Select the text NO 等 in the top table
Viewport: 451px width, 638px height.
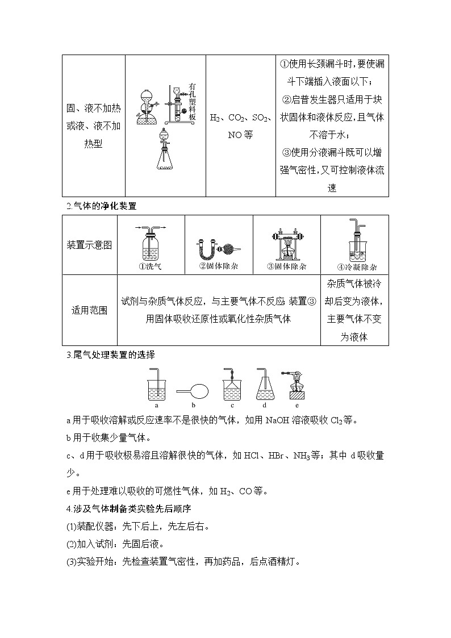240,135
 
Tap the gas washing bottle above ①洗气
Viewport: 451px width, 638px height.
151,243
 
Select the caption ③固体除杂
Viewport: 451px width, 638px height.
286,266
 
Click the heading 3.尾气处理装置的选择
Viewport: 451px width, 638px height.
111,355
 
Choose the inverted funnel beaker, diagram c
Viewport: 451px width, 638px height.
232,386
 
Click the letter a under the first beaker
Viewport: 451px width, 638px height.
156,406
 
